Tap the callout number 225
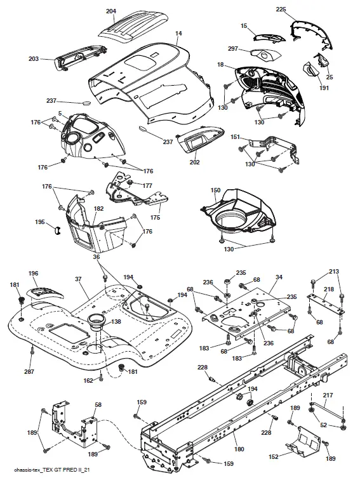pyautogui.click(x=281, y=9)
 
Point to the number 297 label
pyautogui.click(x=233, y=49)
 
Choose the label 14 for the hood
pyautogui.click(x=178, y=33)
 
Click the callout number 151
pyautogui.click(x=235, y=137)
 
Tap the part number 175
pyautogui.click(x=154, y=218)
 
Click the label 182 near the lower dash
pyautogui.click(x=98, y=208)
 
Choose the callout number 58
pyautogui.click(x=98, y=404)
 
